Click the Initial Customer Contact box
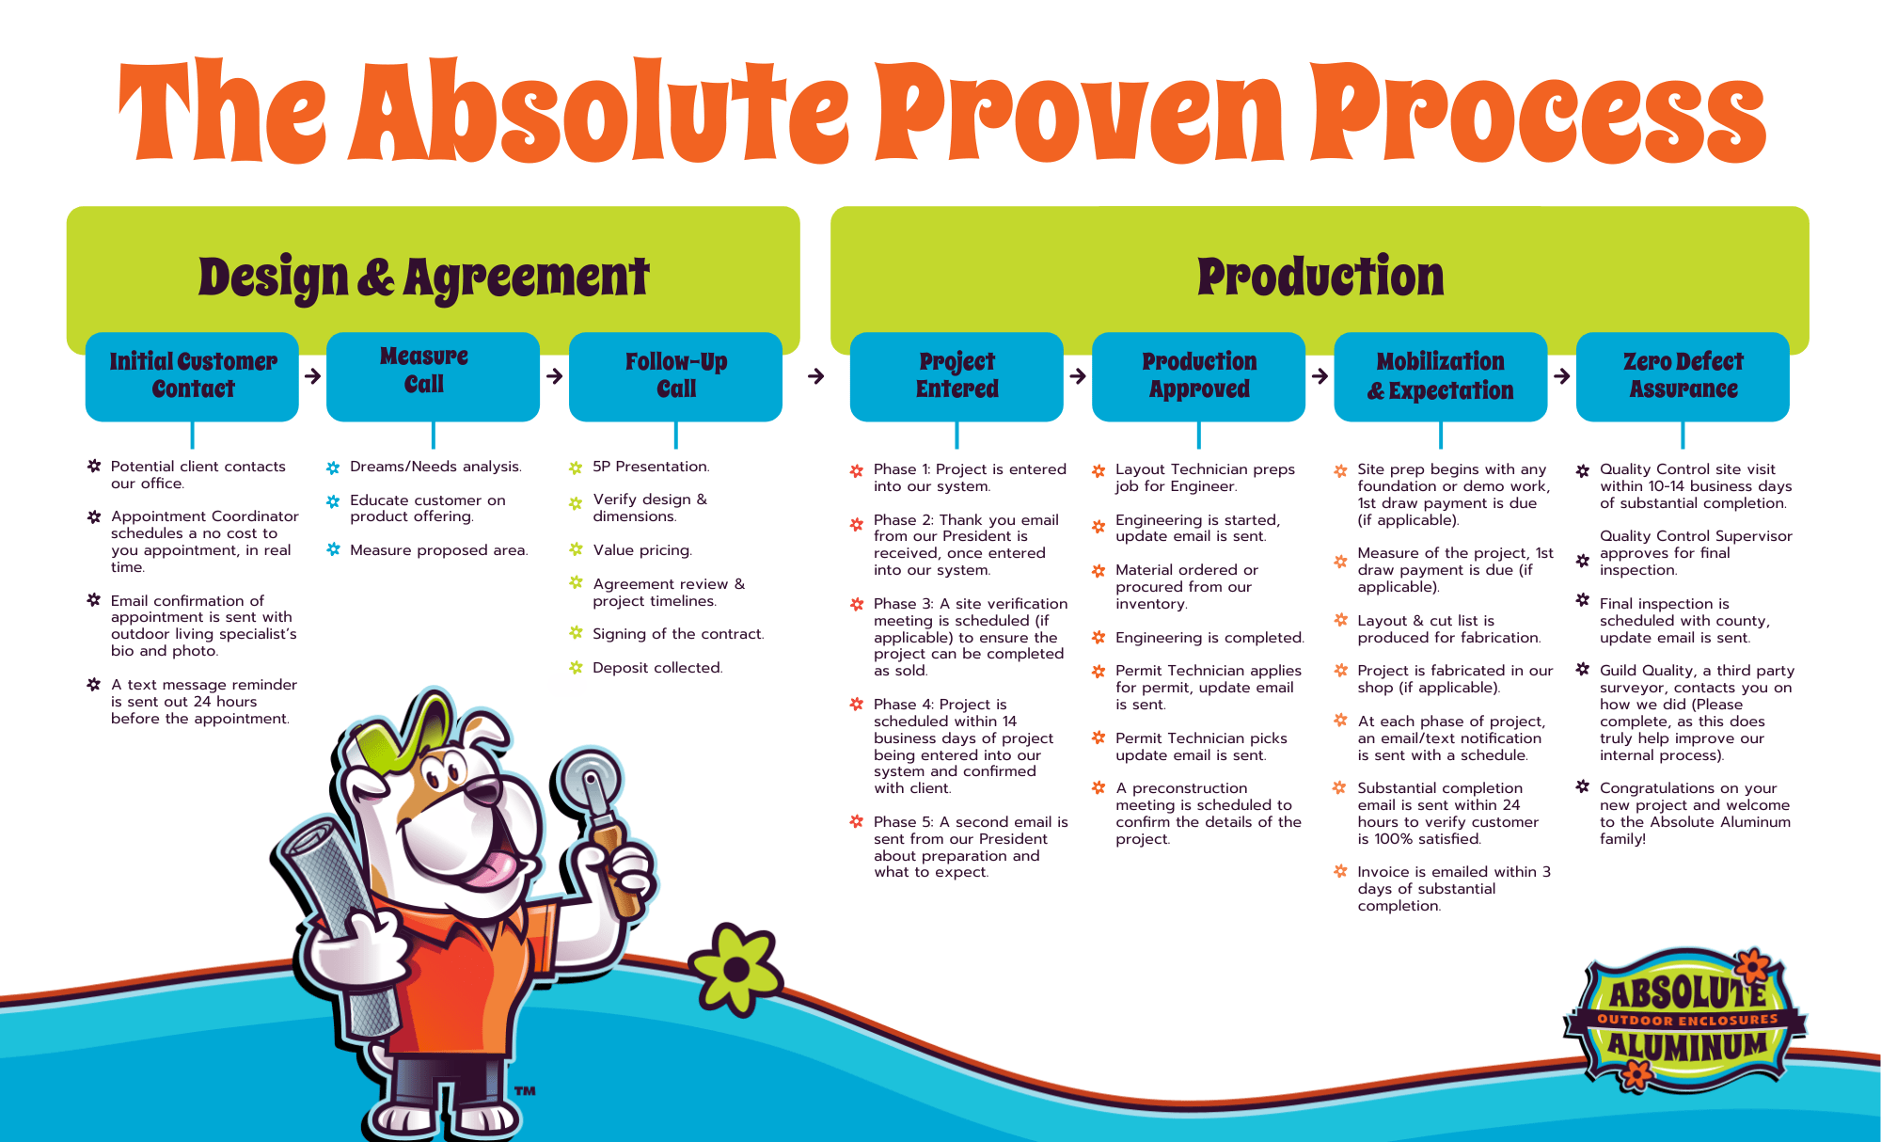click(192, 375)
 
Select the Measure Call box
click(433, 375)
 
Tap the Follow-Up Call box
click(675, 375)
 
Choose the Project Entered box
click(956, 375)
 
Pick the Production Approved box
click(1198, 375)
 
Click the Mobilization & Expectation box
click(1440, 375)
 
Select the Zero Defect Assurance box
click(1683, 375)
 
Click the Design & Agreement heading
click(423, 278)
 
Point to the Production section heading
click(1320, 277)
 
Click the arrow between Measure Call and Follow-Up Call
click(555, 376)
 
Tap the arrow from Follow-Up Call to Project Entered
click(816, 376)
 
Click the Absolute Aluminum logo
click(1684, 1021)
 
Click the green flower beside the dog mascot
click(736, 969)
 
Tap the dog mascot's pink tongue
click(490, 869)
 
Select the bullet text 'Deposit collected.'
click(657, 668)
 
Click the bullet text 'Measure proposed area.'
click(438, 550)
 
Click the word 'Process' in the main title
click(1537, 113)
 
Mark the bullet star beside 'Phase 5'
click(856, 821)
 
